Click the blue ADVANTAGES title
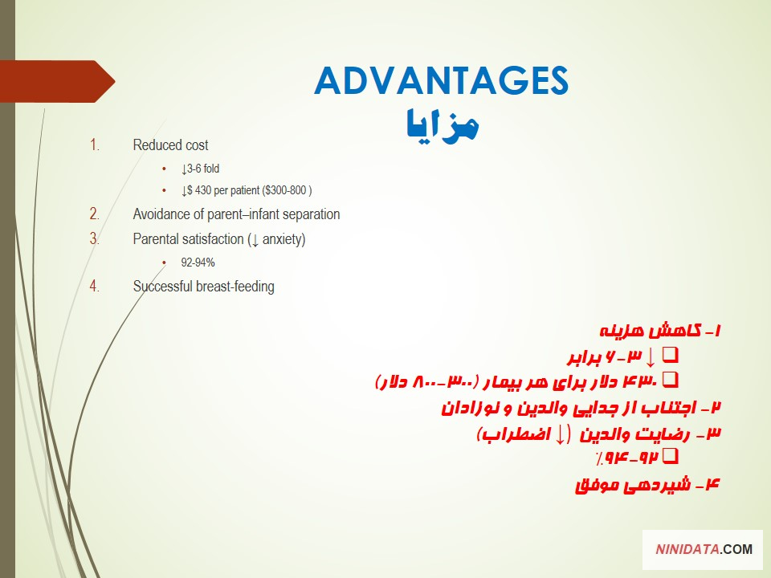441,80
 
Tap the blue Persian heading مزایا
442,126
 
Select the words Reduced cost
170,145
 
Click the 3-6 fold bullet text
200,169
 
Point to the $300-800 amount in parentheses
288,190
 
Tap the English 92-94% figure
198,263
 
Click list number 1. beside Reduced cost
95,145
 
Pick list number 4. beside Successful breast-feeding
95,286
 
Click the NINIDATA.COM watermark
704,549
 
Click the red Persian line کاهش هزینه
660,330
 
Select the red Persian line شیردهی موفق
647,485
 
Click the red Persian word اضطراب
515,434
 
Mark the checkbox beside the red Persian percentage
670,456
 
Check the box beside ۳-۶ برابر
670,355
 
